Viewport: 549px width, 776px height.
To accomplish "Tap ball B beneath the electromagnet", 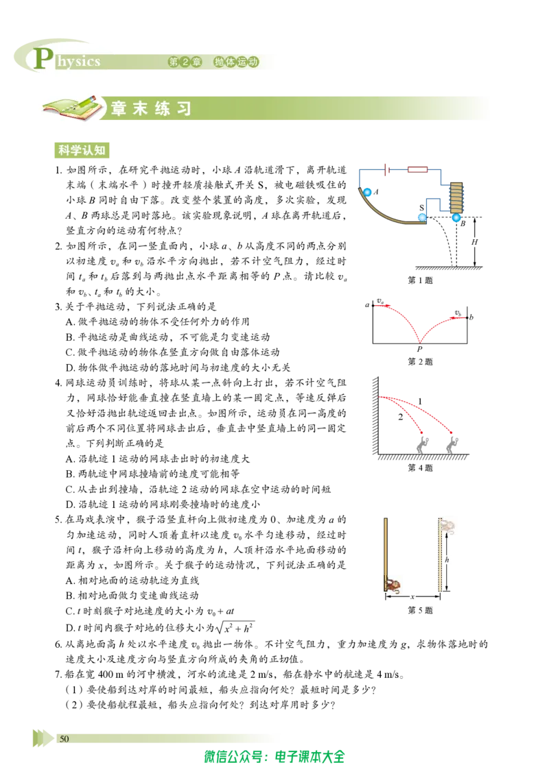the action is (456, 217).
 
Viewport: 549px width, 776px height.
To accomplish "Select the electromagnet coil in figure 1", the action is (456, 197).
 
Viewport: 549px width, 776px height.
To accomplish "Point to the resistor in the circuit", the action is (417, 170).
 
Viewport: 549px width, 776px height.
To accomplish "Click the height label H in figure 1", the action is (474, 242).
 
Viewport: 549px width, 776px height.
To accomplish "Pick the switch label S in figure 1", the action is (421, 208).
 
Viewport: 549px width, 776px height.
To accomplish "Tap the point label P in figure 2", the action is (419, 350).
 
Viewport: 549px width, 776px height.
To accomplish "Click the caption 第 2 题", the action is (420, 362).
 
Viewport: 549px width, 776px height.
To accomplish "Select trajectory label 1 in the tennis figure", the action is (420, 401).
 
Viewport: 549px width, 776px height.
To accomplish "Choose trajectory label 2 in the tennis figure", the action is (400, 417).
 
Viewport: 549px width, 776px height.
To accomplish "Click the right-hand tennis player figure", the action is (452, 443).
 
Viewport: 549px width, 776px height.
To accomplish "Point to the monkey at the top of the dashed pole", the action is (447, 526).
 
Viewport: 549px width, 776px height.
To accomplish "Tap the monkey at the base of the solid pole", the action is (393, 585).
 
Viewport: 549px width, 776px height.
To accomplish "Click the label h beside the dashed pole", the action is (447, 560).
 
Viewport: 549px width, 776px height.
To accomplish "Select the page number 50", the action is (64, 739).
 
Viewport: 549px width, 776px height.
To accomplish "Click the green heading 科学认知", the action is (82, 150).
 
